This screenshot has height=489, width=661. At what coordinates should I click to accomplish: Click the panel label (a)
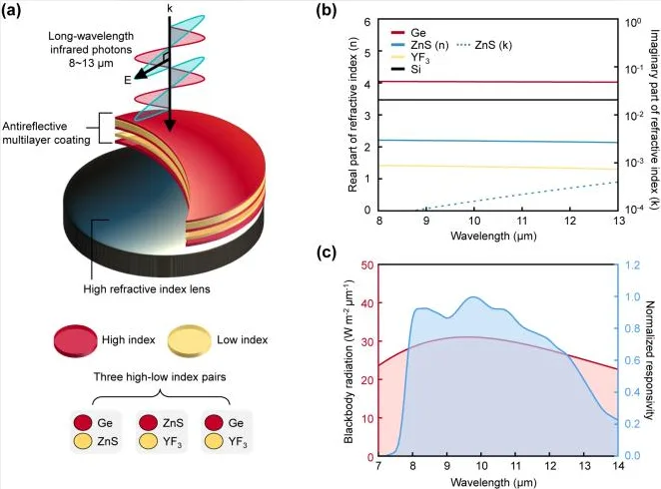[11, 11]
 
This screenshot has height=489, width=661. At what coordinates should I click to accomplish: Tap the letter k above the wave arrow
[170, 9]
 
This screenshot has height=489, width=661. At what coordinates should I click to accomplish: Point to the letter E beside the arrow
[128, 80]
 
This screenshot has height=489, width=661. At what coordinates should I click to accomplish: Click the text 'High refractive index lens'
[147, 289]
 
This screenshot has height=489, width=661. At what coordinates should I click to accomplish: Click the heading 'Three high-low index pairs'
[160, 376]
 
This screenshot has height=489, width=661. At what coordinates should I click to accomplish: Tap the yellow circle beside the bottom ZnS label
[83, 441]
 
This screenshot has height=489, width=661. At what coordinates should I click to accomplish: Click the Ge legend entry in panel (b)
[409, 33]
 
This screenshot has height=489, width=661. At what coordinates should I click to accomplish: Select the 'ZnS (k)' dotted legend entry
[484, 45]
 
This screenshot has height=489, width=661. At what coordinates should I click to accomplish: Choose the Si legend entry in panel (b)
[406, 69]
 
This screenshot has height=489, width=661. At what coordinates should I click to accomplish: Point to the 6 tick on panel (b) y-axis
[367, 21]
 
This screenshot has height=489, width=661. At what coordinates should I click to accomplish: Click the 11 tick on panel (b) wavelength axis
[522, 221]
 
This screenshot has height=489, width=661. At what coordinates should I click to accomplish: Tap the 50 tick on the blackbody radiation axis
[367, 264]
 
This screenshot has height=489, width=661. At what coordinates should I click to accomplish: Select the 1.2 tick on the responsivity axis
[632, 264]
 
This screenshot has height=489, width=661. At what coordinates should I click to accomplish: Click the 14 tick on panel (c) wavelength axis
[618, 465]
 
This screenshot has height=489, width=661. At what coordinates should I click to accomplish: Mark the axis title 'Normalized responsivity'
[650, 360]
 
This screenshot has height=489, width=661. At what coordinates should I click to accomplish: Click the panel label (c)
[327, 252]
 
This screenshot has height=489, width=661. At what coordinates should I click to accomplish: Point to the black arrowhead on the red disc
[170, 125]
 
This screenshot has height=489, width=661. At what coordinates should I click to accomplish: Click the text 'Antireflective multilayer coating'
[46, 133]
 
